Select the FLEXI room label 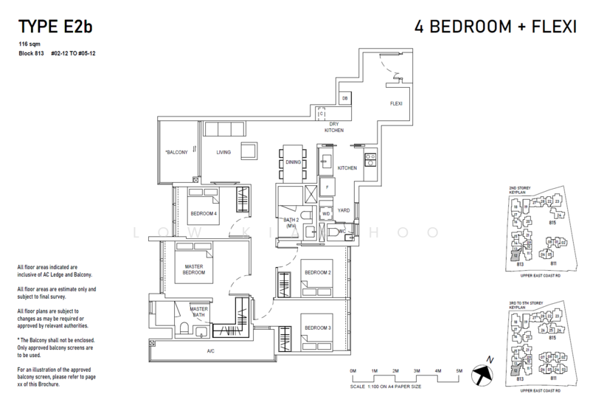pos(395,103)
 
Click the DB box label pos(344,99)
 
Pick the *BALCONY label pos(176,153)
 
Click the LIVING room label pos(224,153)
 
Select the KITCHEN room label pos(347,168)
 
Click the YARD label pos(344,210)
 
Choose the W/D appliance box pos(326,214)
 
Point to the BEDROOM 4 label pos(204,214)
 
